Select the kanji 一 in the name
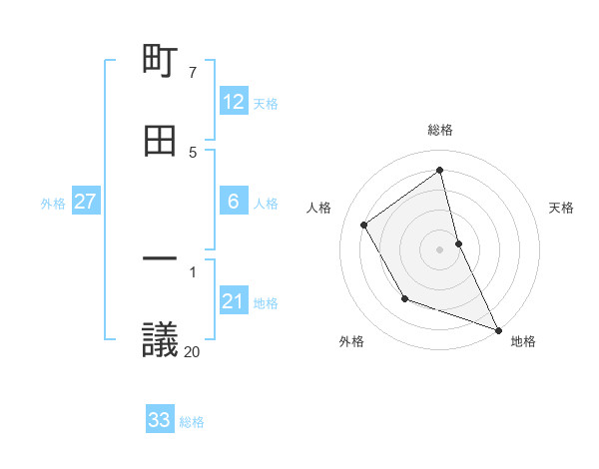pyautogui.click(x=160, y=258)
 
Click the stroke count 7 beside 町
pyautogui.click(x=192, y=73)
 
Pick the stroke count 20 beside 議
pyautogui.click(x=192, y=351)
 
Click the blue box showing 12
pyautogui.click(x=234, y=102)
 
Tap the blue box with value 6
pyautogui.click(x=234, y=202)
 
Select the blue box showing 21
pyautogui.click(x=234, y=301)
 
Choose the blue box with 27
pyautogui.click(x=86, y=202)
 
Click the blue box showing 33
pyautogui.click(x=160, y=420)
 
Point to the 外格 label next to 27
pyautogui.click(x=53, y=203)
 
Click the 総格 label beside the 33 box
pyautogui.click(x=192, y=422)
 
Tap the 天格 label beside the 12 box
pyautogui.click(x=266, y=103)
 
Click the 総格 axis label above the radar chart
pyautogui.click(x=440, y=130)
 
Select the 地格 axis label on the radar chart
pyautogui.click(x=523, y=341)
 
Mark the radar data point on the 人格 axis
pyautogui.click(x=364, y=225)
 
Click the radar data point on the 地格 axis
pyautogui.click(x=498, y=330)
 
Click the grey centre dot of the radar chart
pyautogui.click(x=440, y=248)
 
